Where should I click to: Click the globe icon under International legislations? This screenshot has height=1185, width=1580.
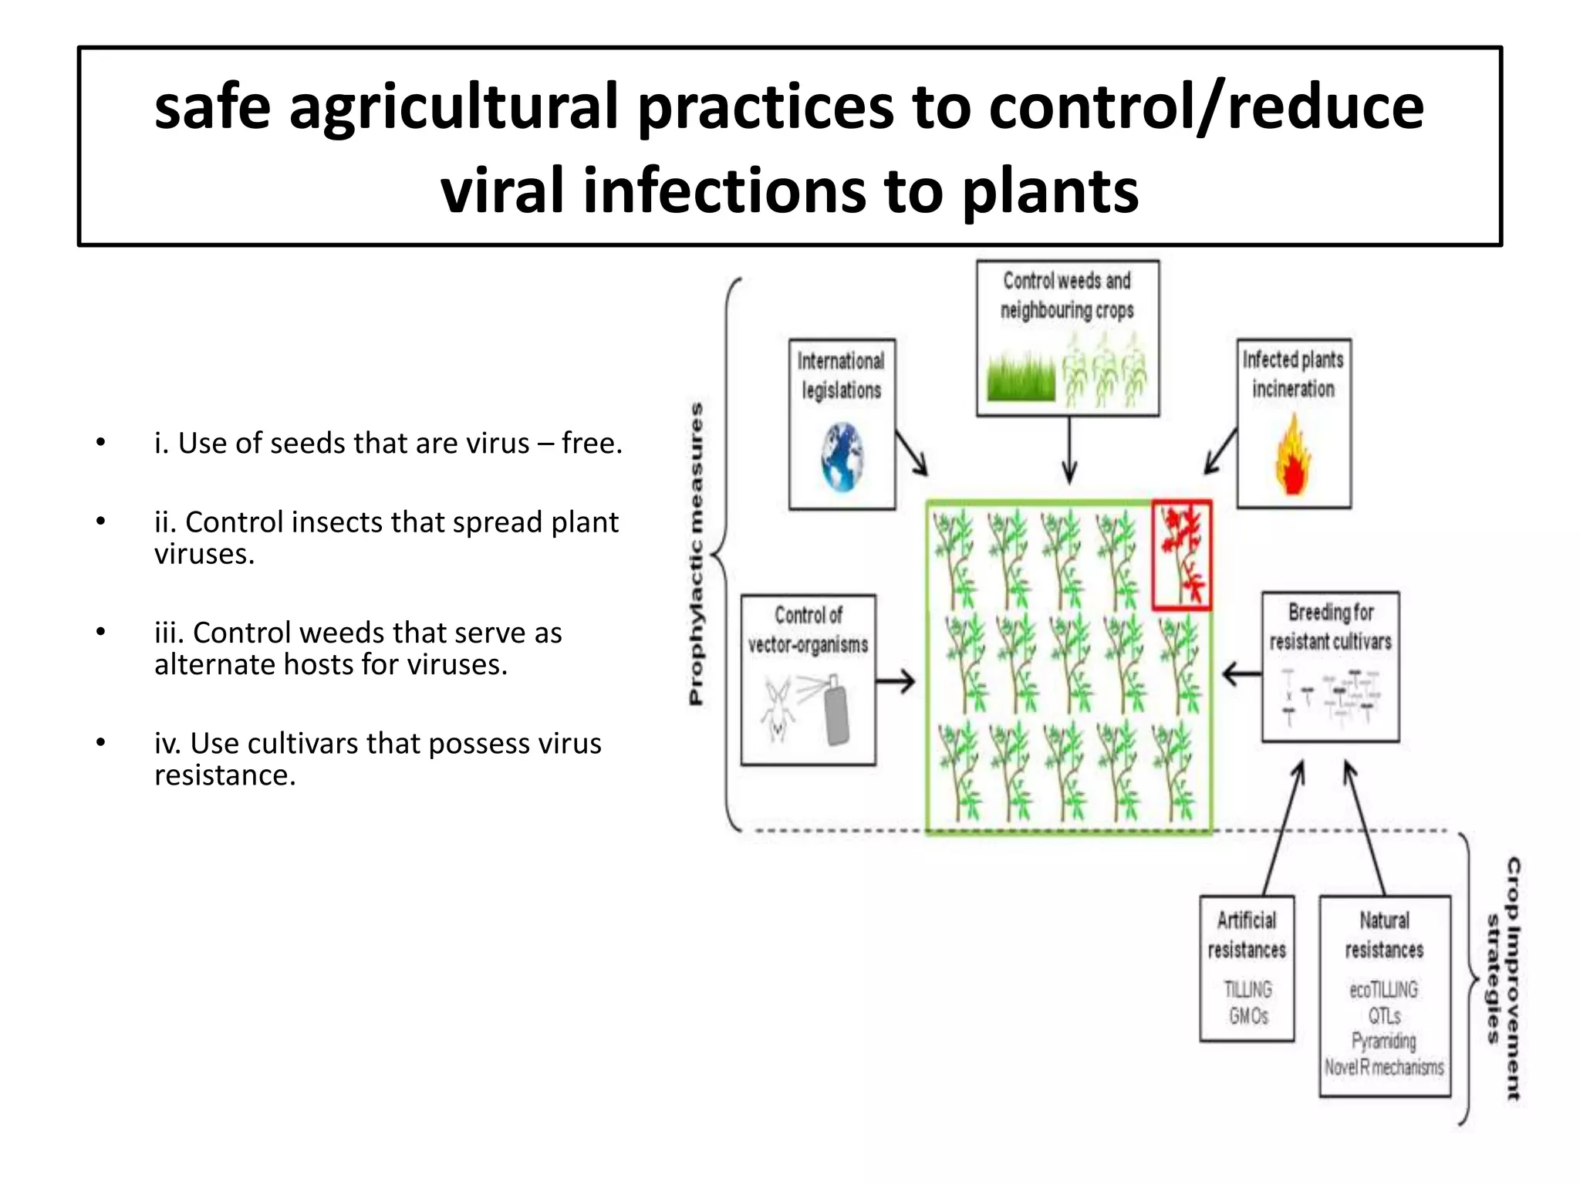click(x=842, y=457)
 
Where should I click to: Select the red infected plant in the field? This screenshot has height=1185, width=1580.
click(x=1182, y=554)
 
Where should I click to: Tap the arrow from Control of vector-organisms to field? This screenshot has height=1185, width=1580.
click(x=896, y=680)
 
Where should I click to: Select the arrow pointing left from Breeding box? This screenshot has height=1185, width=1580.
click(x=1241, y=674)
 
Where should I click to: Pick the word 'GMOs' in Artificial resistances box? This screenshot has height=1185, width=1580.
click(x=1248, y=1016)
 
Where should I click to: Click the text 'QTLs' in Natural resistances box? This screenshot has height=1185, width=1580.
click(x=1385, y=1016)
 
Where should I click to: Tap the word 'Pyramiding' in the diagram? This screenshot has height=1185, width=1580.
click(x=1384, y=1042)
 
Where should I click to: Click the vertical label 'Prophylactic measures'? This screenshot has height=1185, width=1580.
click(x=696, y=553)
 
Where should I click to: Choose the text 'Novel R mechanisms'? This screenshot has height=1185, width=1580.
click(x=1385, y=1068)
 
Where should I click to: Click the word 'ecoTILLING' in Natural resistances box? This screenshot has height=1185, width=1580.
click(x=1384, y=990)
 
